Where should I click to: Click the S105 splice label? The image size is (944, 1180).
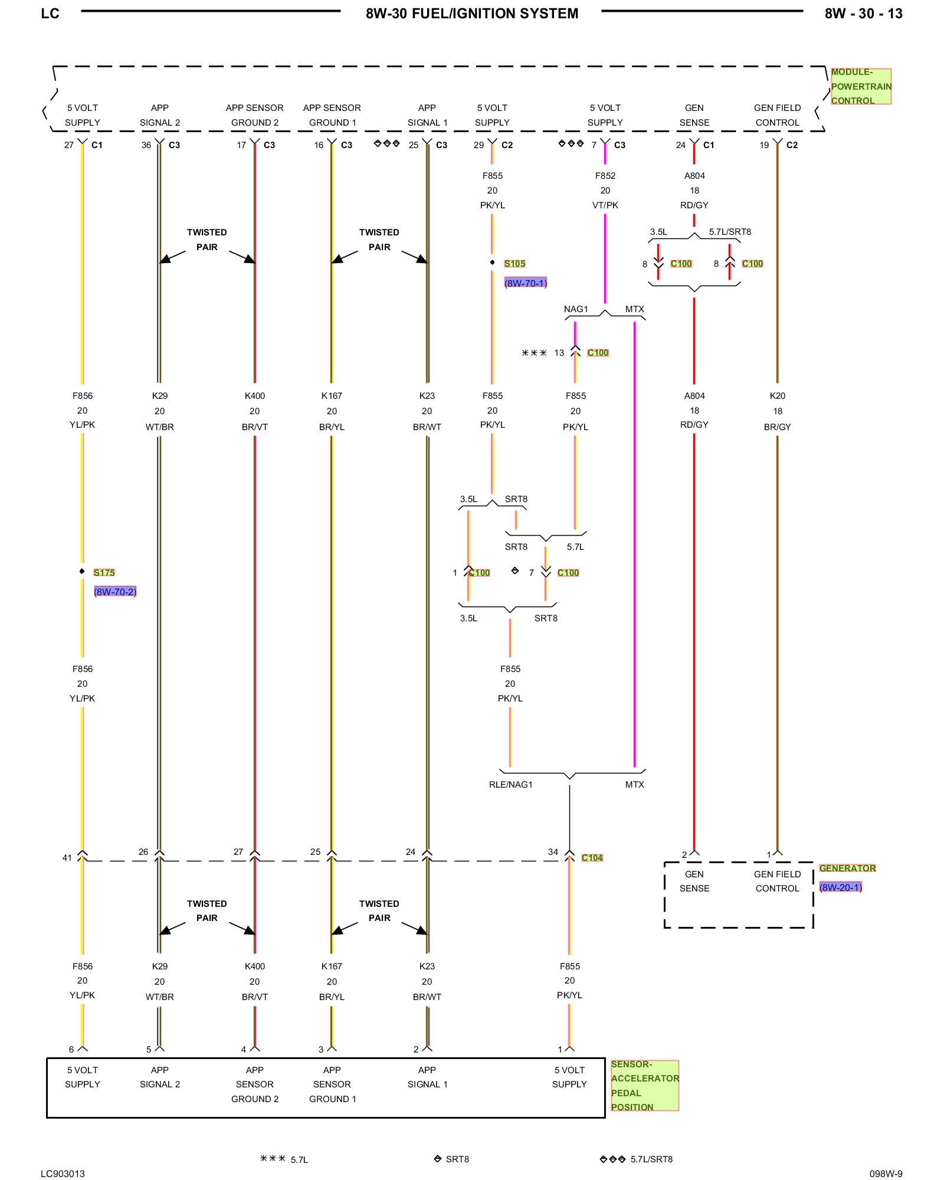click(514, 264)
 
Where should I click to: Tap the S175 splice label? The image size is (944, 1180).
click(104, 572)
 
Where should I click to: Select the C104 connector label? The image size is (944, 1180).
click(592, 858)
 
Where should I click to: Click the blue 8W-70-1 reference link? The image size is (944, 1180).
click(525, 283)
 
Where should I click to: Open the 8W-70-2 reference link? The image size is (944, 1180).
click(115, 592)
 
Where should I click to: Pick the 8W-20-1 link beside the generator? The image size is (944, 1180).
click(840, 887)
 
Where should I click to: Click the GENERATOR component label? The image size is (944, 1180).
click(847, 868)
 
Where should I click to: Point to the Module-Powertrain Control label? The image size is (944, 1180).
click(861, 87)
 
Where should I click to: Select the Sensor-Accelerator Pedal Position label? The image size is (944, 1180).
click(644, 1086)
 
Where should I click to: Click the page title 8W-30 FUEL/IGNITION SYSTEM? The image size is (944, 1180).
click(472, 14)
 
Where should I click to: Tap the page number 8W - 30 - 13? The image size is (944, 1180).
click(863, 14)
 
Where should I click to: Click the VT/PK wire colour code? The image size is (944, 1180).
click(605, 205)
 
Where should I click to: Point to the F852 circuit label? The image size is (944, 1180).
click(605, 176)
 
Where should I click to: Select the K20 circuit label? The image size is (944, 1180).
click(778, 396)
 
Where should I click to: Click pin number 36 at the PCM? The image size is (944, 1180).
click(146, 145)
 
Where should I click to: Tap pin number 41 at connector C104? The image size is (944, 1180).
click(67, 858)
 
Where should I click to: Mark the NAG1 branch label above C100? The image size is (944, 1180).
click(576, 309)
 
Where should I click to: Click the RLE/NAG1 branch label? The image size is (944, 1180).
click(510, 785)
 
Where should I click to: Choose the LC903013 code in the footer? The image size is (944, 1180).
click(63, 1174)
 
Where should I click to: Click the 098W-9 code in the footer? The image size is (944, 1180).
click(886, 1174)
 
